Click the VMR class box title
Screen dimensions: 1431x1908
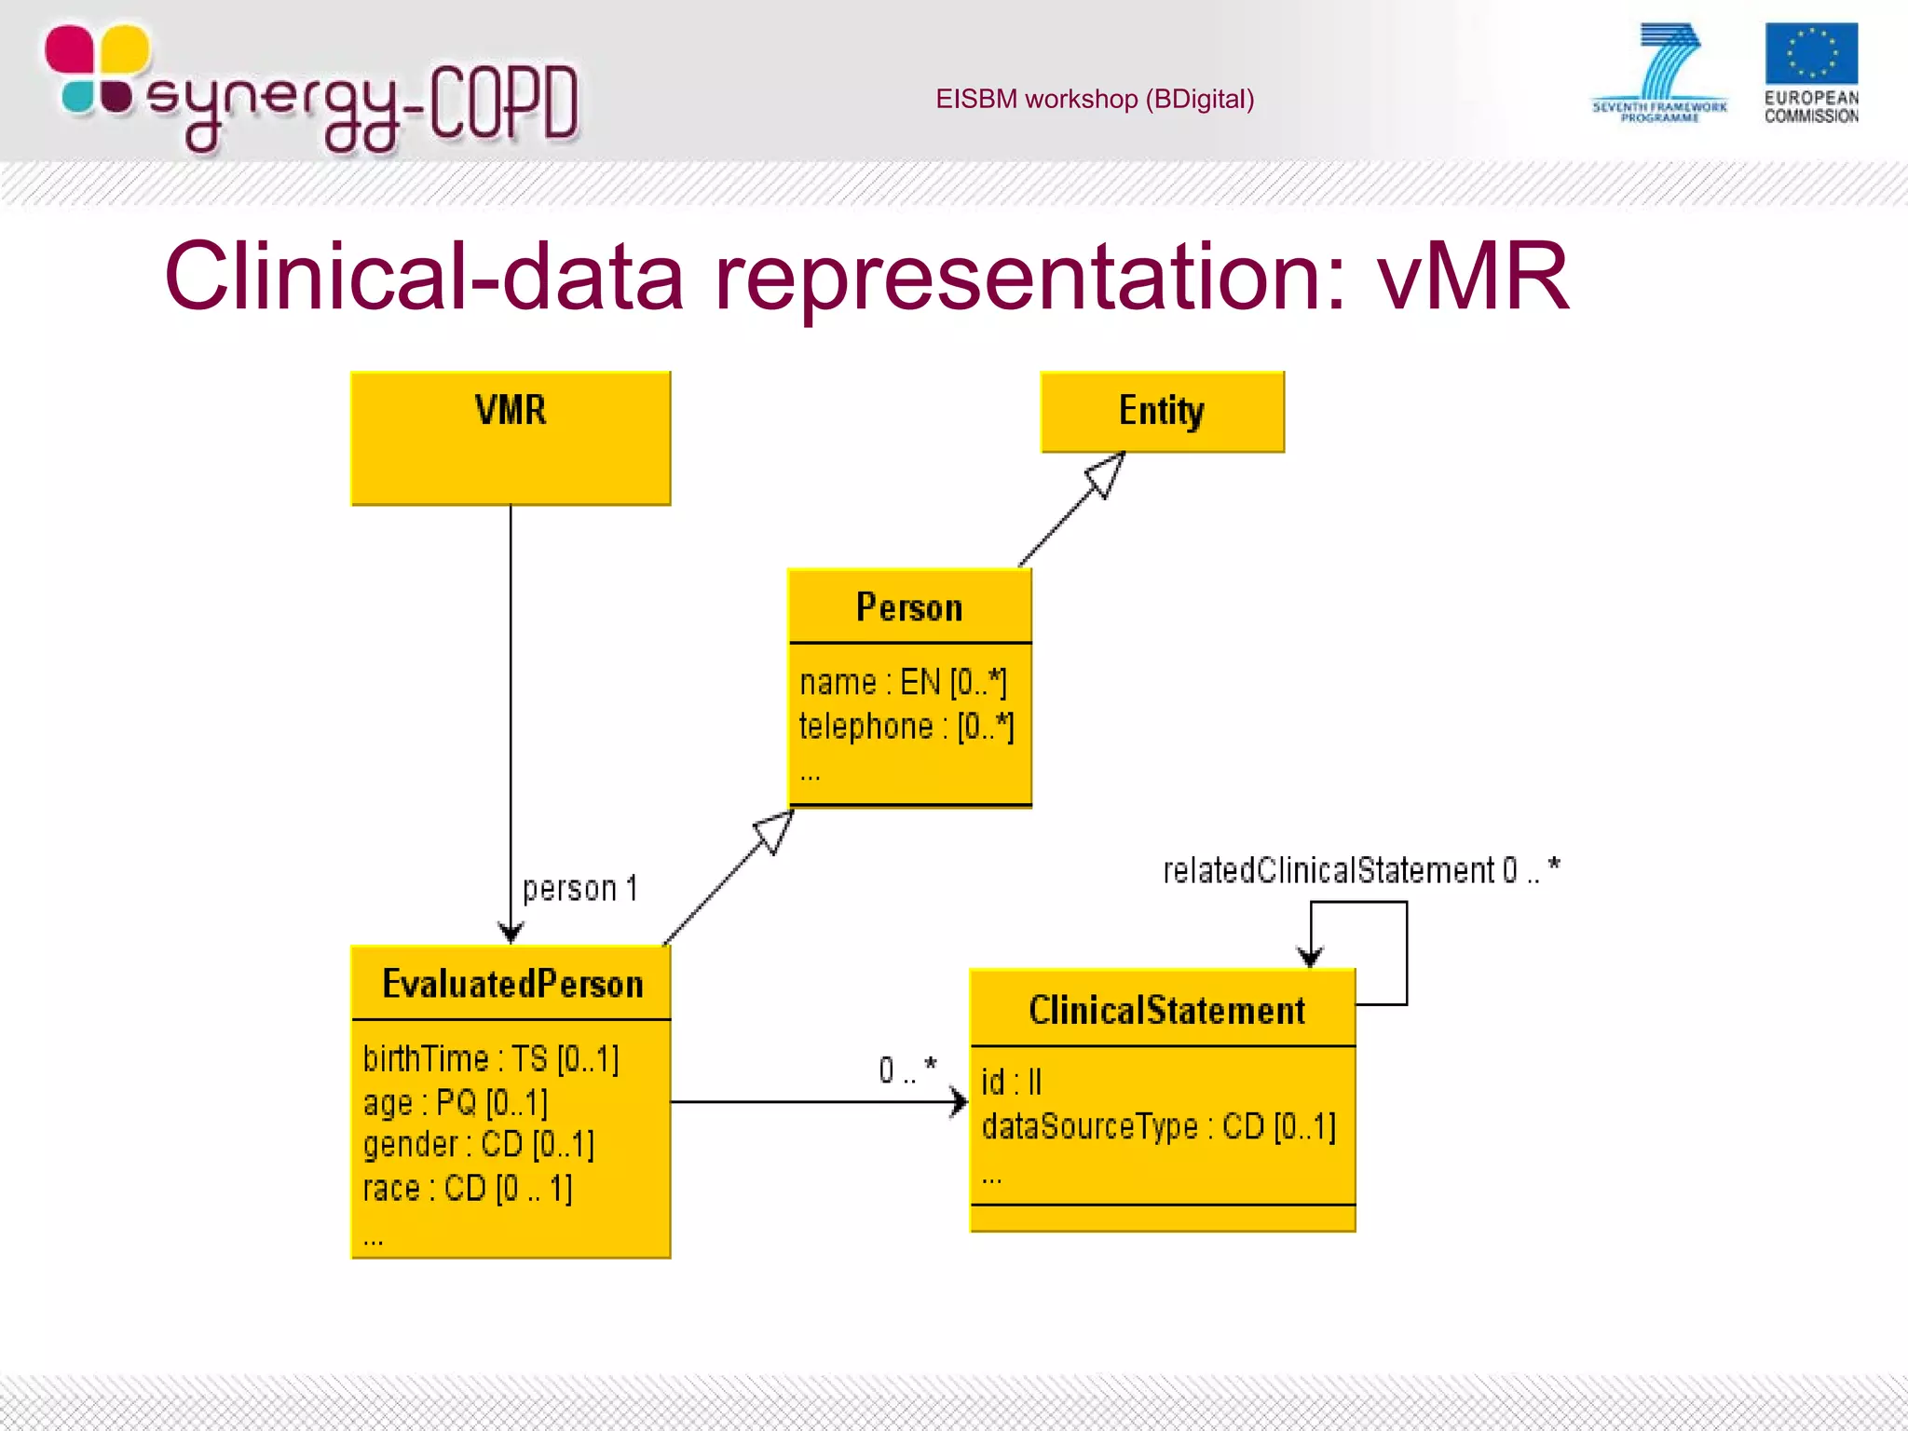pos(510,411)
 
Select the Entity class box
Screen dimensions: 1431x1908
pos(1162,412)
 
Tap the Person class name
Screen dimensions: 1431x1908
pos(909,607)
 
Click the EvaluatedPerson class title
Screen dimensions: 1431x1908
pos(512,985)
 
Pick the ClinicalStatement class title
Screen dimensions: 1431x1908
pos(1166,1011)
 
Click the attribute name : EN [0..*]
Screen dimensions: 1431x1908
pos(903,683)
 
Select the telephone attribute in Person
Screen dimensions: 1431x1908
pos(906,727)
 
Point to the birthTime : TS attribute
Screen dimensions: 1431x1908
pos(491,1059)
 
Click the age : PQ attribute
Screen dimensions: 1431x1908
pos(455,1103)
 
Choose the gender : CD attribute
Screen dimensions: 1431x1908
pos(478,1145)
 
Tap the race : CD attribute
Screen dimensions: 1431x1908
pos(468,1189)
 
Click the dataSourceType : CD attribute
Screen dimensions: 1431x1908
pos(1158,1127)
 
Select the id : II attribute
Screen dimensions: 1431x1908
pos(1012,1083)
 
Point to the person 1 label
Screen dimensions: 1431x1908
pos(579,889)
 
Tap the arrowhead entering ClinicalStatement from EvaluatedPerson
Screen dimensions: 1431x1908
pos(959,1102)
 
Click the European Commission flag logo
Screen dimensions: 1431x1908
pos(1810,55)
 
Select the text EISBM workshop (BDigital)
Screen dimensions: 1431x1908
pos(1095,99)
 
